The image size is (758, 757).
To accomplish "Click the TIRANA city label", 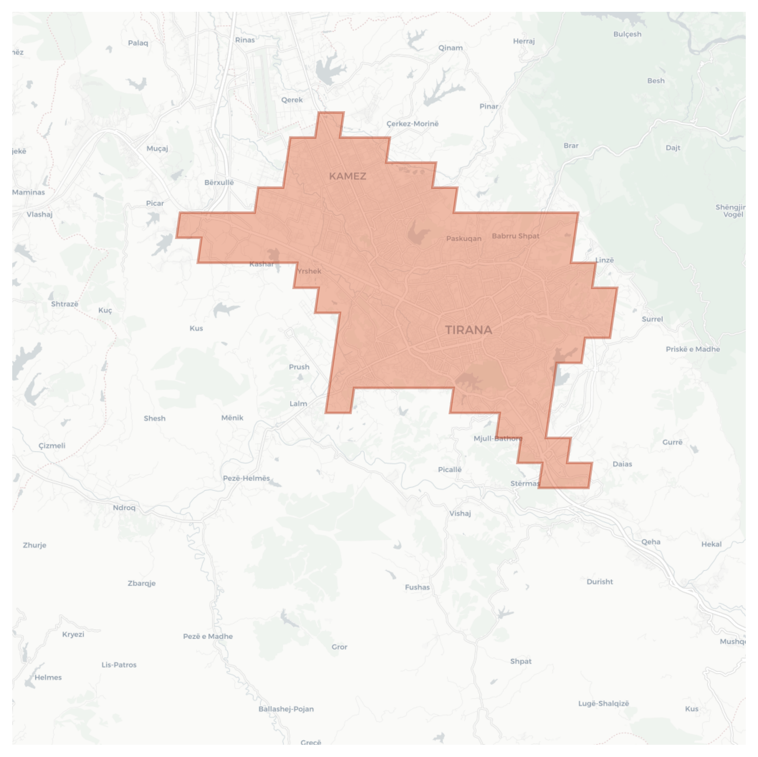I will tap(468, 330).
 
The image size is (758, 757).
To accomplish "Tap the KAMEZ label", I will tap(348, 176).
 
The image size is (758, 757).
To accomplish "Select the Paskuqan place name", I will tap(464, 238).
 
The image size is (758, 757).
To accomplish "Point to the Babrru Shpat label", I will tap(516, 236).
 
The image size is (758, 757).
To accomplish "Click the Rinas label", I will tap(245, 40).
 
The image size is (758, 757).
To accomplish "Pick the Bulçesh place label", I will tap(627, 34).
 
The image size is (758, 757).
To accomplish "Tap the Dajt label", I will tap(673, 147).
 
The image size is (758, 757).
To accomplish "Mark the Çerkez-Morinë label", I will tap(412, 124).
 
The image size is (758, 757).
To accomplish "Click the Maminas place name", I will tap(29, 192).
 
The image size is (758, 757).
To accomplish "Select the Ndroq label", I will tap(124, 507).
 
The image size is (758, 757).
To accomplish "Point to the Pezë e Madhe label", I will tap(208, 636).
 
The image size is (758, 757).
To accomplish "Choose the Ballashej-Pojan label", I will tap(286, 709).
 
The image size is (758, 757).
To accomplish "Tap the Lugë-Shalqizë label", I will tap(604, 703).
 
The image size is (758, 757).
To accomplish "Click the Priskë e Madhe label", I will tap(693, 349).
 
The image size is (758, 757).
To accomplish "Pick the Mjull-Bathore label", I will tap(498, 439).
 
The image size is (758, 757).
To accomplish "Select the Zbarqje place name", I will tap(141, 583).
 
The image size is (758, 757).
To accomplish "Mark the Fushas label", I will tap(417, 587).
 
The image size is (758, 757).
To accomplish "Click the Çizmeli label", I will tap(52, 445).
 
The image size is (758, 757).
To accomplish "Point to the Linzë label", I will tap(604, 260).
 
